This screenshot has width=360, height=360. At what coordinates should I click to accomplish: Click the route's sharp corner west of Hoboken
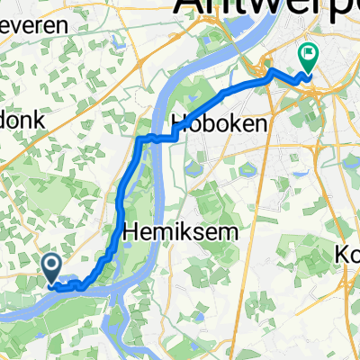click(139, 139)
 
